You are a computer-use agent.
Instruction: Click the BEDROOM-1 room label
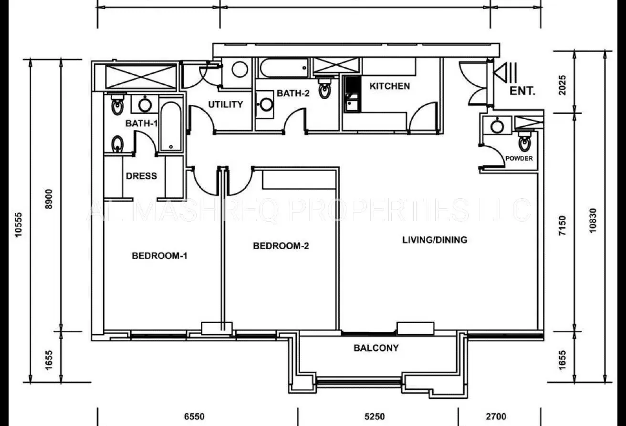(159, 256)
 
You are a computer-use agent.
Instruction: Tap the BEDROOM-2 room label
(281, 246)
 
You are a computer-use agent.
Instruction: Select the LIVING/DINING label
(435, 240)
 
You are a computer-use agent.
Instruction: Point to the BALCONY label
(376, 348)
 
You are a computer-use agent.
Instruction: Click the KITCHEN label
(390, 86)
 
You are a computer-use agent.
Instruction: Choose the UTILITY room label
(226, 104)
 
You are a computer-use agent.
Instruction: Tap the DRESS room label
(141, 176)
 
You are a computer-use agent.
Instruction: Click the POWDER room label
(519, 158)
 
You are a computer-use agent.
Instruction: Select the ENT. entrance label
(522, 91)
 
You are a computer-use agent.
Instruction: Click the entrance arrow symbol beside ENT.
(505, 72)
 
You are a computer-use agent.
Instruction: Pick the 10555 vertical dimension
(19, 225)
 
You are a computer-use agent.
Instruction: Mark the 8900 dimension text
(49, 199)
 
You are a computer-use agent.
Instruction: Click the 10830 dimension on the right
(593, 221)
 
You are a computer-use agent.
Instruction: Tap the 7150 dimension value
(562, 225)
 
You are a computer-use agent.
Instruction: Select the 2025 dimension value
(562, 85)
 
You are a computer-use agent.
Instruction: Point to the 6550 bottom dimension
(194, 416)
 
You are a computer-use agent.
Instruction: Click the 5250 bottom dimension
(375, 416)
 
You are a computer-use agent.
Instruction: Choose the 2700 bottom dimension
(496, 416)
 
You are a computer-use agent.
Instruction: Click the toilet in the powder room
(524, 142)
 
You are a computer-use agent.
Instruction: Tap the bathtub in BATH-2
(283, 68)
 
